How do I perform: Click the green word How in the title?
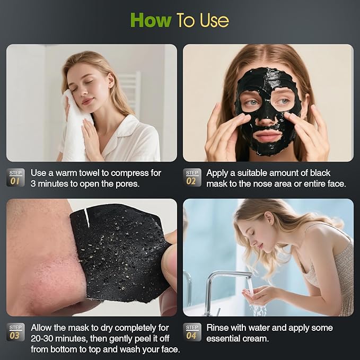point(151,20)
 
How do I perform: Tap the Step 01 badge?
point(15,178)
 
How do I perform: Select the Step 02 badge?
point(192,178)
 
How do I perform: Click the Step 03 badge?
point(15,332)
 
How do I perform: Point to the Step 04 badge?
point(192,332)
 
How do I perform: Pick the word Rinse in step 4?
point(218,328)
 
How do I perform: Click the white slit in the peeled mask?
point(87,217)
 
